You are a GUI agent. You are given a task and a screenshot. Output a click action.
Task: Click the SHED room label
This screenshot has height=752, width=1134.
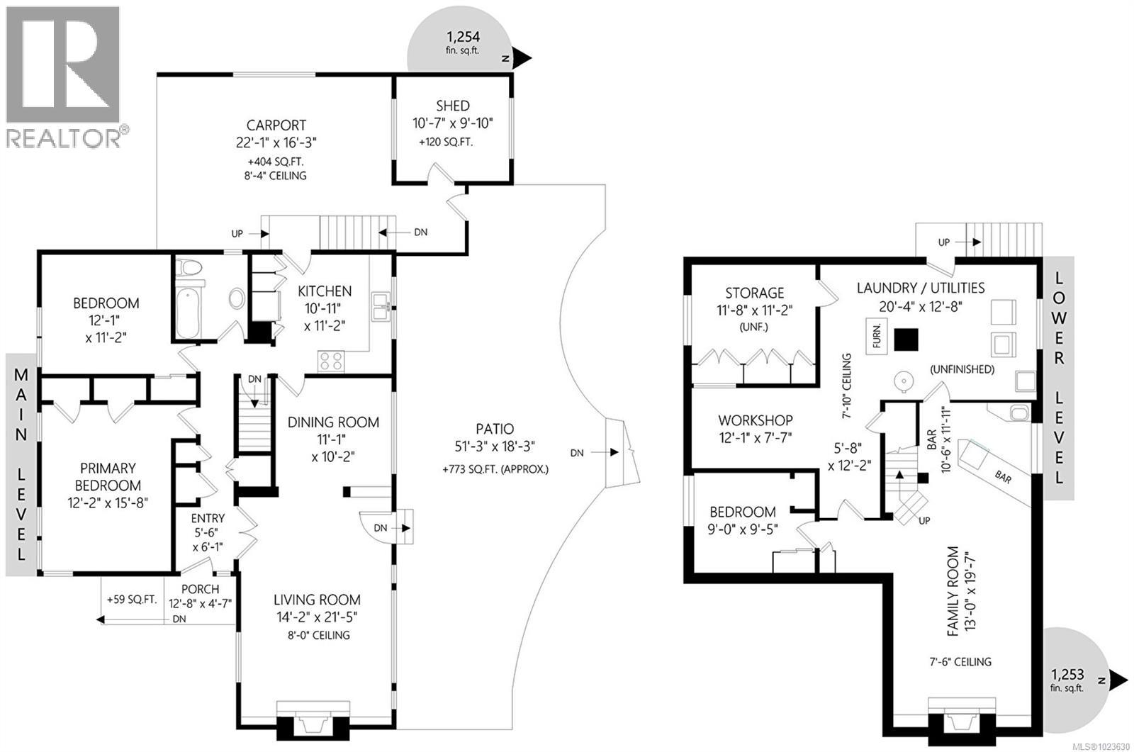[x=452, y=106]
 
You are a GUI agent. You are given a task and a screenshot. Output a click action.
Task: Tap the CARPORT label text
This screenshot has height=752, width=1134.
[x=276, y=125]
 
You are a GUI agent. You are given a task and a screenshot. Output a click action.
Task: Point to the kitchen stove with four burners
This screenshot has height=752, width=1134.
[x=331, y=361]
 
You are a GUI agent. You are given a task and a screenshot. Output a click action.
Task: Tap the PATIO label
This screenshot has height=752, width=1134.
[x=495, y=429]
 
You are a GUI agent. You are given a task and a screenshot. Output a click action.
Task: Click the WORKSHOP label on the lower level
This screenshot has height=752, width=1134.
[x=755, y=420]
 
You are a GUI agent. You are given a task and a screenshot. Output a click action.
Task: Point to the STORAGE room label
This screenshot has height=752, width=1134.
[x=754, y=292]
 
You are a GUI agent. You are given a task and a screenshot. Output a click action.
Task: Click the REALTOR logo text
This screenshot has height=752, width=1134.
[x=64, y=138]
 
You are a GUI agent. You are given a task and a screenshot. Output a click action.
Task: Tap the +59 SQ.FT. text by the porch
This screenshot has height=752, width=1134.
[x=131, y=600]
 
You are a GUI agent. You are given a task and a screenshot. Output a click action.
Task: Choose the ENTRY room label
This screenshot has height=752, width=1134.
[x=208, y=518]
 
